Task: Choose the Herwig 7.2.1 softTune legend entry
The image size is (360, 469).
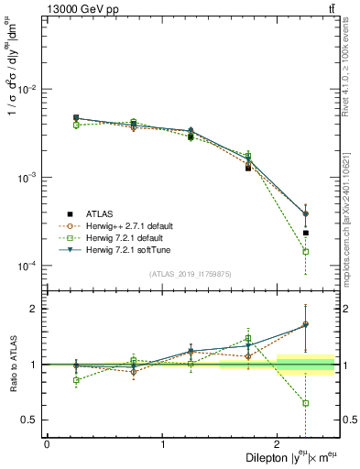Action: click(x=134, y=250)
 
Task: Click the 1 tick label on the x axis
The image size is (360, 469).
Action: click(x=163, y=444)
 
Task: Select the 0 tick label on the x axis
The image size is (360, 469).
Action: click(x=47, y=444)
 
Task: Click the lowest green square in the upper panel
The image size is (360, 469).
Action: click(x=306, y=251)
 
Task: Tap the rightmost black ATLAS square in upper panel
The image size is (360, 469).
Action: click(x=306, y=233)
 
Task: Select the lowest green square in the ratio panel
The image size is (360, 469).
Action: click(x=306, y=403)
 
